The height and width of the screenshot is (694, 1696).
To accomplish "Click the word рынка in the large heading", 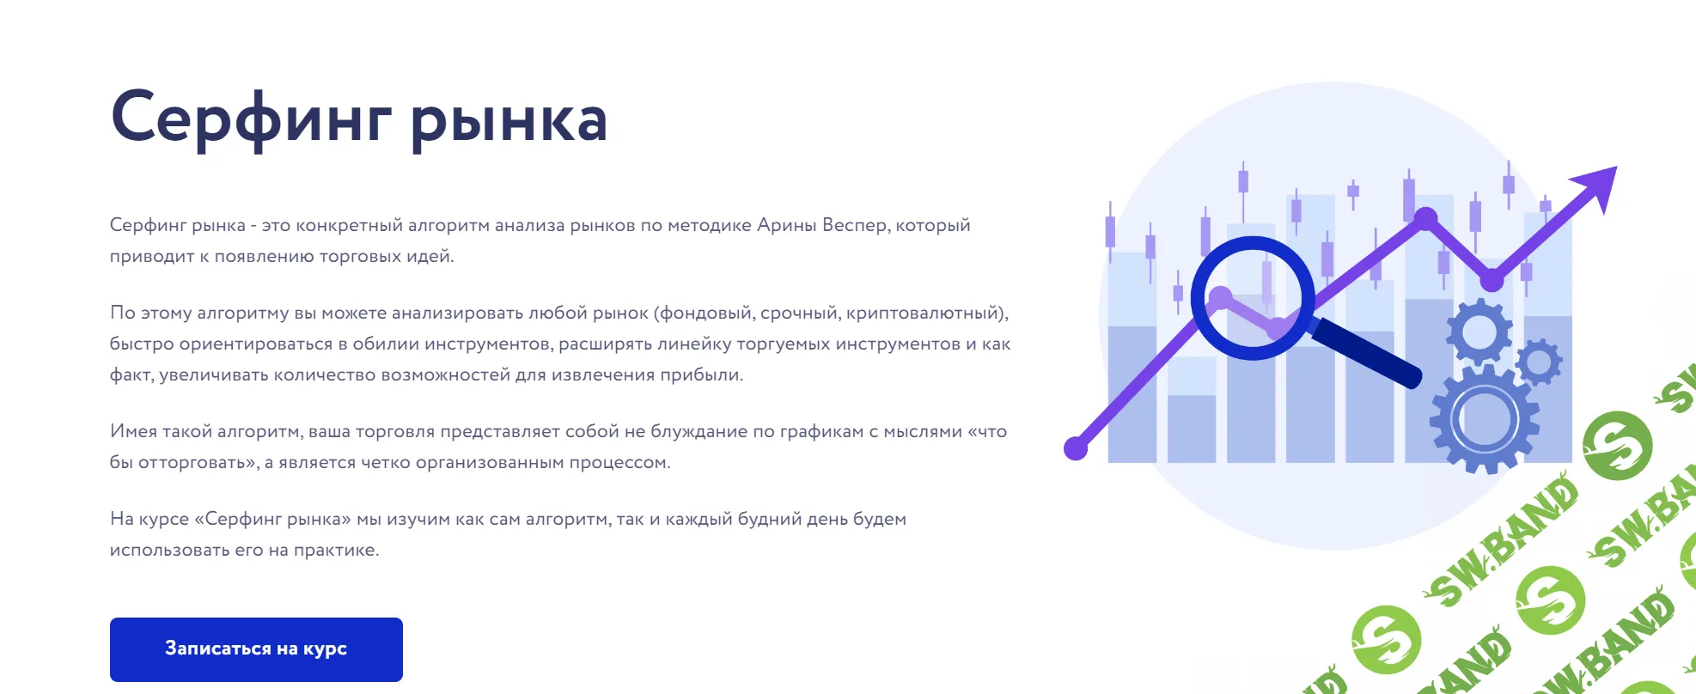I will click(x=509, y=120).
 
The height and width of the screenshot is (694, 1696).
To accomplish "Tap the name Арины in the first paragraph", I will click(x=787, y=225).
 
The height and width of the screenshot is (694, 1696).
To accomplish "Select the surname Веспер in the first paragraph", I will click(x=854, y=225).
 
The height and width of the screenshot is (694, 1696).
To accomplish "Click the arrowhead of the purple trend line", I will click(x=1600, y=183).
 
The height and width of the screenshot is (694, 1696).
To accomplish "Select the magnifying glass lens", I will click(x=1252, y=297).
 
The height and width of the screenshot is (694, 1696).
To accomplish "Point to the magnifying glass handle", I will click(x=1366, y=352).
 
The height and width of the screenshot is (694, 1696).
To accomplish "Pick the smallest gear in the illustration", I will click(x=1539, y=362).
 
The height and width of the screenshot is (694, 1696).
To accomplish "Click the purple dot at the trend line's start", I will click(x=1076, y=447).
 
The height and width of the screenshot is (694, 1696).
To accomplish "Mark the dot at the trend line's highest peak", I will click(x=1425, y=219).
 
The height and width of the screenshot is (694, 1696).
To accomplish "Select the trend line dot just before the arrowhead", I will click(x=1492, y=280).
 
